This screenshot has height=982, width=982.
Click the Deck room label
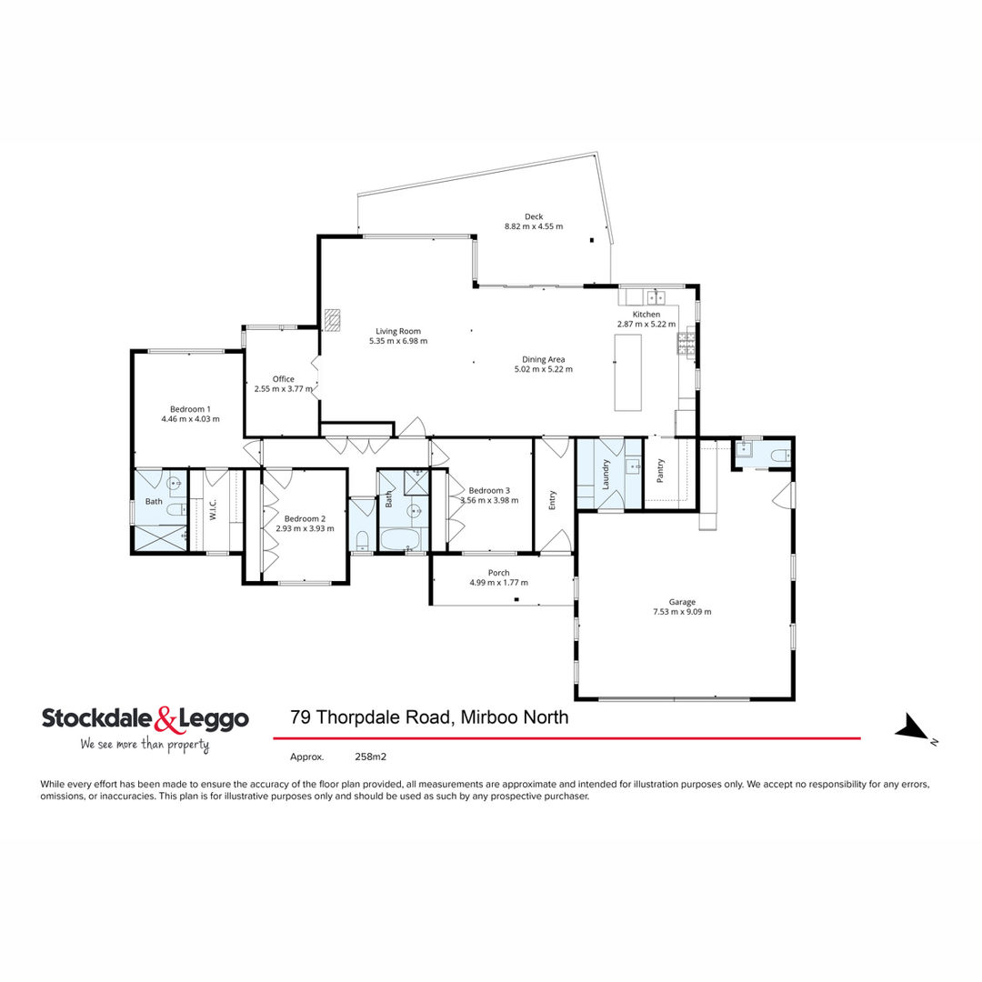tap(534, 216)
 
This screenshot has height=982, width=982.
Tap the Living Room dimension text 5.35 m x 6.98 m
tap(398, 341)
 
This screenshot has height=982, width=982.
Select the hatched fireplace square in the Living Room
tap(332, 319)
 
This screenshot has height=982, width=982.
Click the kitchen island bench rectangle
tap(627, 373)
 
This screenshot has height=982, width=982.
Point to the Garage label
tap(682, 602)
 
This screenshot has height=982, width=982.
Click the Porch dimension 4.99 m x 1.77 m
tap(498, 583)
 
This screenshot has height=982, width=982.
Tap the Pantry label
tap(660, 470)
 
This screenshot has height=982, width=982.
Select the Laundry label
tap(606, 474)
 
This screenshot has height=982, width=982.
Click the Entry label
tap(553, 500)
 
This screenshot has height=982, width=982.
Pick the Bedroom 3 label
tap(489, 490)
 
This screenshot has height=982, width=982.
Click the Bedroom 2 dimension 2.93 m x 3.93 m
tap(305, 528)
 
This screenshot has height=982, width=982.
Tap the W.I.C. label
tap(213, 510)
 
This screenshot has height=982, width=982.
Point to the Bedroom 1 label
tap(190, 409)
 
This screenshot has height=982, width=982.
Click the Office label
tap(283, 379)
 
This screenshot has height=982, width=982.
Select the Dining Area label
tap(544, 359)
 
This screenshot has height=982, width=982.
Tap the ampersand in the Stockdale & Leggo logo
tap(165, 719)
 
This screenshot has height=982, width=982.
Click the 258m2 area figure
tap(371, 757)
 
